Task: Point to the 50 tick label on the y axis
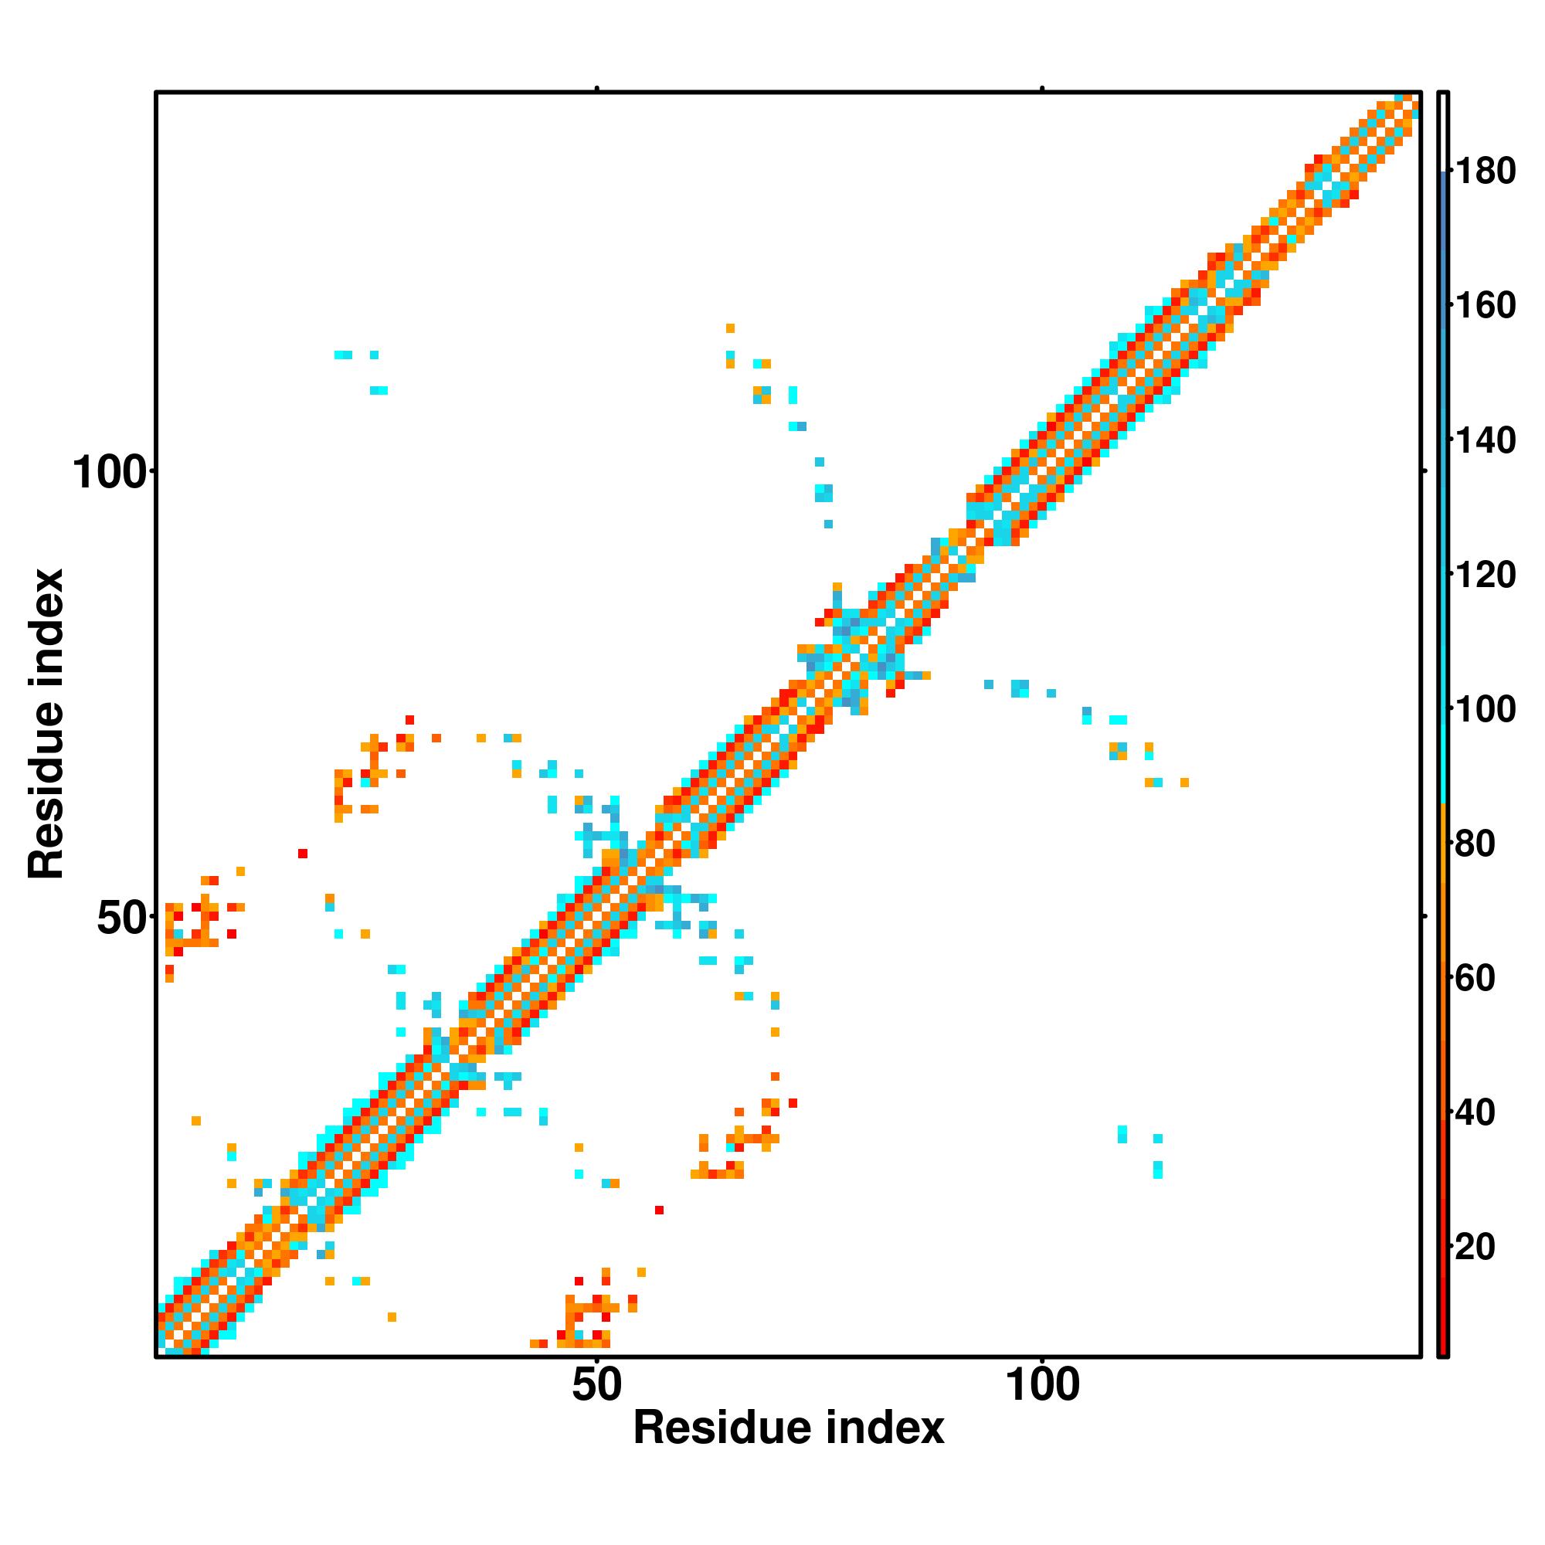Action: (x=122, y=918)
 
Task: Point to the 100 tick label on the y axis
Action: (x=110, y=473)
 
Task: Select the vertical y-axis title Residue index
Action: (x=46, y=724)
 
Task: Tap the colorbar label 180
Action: (x=1485, y=171)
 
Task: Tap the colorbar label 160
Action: (x=1485, y=305)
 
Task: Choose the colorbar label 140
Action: (x=1485, y=440)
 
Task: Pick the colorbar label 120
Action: (x=1485, y=575)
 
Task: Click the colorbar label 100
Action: (x=1485, y=709)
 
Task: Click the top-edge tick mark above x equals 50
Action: (x=596, y=88)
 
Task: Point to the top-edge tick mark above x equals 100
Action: (x=1042, y=88)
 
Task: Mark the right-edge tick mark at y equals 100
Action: (x=1424, y=472)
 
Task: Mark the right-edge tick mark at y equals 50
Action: (x=1424, y=916)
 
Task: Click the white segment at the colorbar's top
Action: (x=1444, y=132)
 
